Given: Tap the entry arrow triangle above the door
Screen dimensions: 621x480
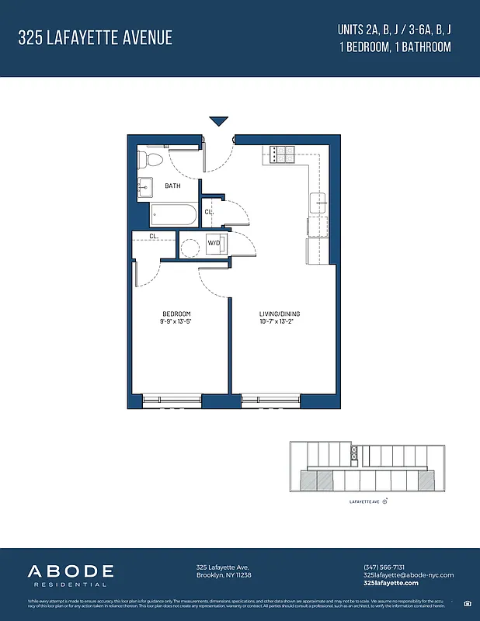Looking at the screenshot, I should pyautogui.click(x=218, y=121).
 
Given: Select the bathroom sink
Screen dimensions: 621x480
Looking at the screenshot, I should pyautogui.click(x=146, y=187).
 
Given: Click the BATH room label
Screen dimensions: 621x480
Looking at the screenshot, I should pyautogui.click(x=172, y=186).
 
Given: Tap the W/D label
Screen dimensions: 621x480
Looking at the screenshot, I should pyautogui.click(x=213, y=244).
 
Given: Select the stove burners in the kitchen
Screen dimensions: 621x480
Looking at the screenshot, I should pyautogui.click(x=279, y=154).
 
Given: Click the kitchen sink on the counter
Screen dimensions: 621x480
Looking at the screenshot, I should pyautogui.click(x=318, y=203).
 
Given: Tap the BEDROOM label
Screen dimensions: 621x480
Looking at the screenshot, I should pyautogui.click(x=176, y=314).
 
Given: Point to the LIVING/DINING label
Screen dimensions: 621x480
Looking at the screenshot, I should pyautogui.click(x=280, y=314).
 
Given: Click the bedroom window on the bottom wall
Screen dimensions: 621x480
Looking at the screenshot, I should pyautogui.click(x=172, y=399).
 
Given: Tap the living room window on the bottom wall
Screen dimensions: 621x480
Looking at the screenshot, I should pyautogui.click(x=270, y=399).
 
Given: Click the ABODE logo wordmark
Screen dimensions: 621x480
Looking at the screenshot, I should pyautogui.click(x=71, y=572).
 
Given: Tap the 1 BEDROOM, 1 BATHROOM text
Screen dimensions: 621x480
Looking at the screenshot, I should pyautogui.click(x=395, y=47).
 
